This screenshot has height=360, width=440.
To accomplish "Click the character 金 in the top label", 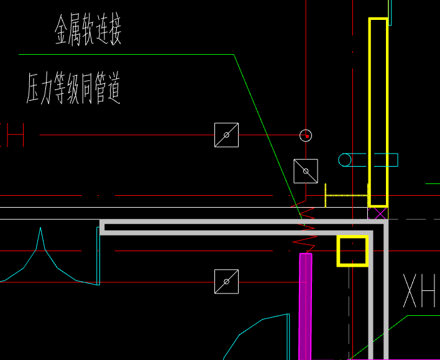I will [x=62, y=32].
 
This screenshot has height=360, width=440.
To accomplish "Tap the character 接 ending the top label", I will [x=114, y=32].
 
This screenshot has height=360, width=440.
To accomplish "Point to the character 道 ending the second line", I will [x=112, y=88].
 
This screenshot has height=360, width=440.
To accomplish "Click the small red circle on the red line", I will [x=305, y=135].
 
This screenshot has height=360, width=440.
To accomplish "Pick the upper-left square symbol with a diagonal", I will [x=226, y=135].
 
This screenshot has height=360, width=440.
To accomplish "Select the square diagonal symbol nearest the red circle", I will [x=306, y=171].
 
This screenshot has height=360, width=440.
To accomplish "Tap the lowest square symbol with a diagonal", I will [x=226, y=281].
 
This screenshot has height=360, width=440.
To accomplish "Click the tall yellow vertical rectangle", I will [x=378, y=112].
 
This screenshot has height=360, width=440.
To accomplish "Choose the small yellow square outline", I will [x=352, y=251].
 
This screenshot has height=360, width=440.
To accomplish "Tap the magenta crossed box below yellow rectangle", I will [x=378, y=213].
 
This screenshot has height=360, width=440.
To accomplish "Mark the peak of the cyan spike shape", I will [x=41, y=229].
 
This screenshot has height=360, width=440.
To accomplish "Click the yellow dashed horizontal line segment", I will [x=347, y=195].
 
